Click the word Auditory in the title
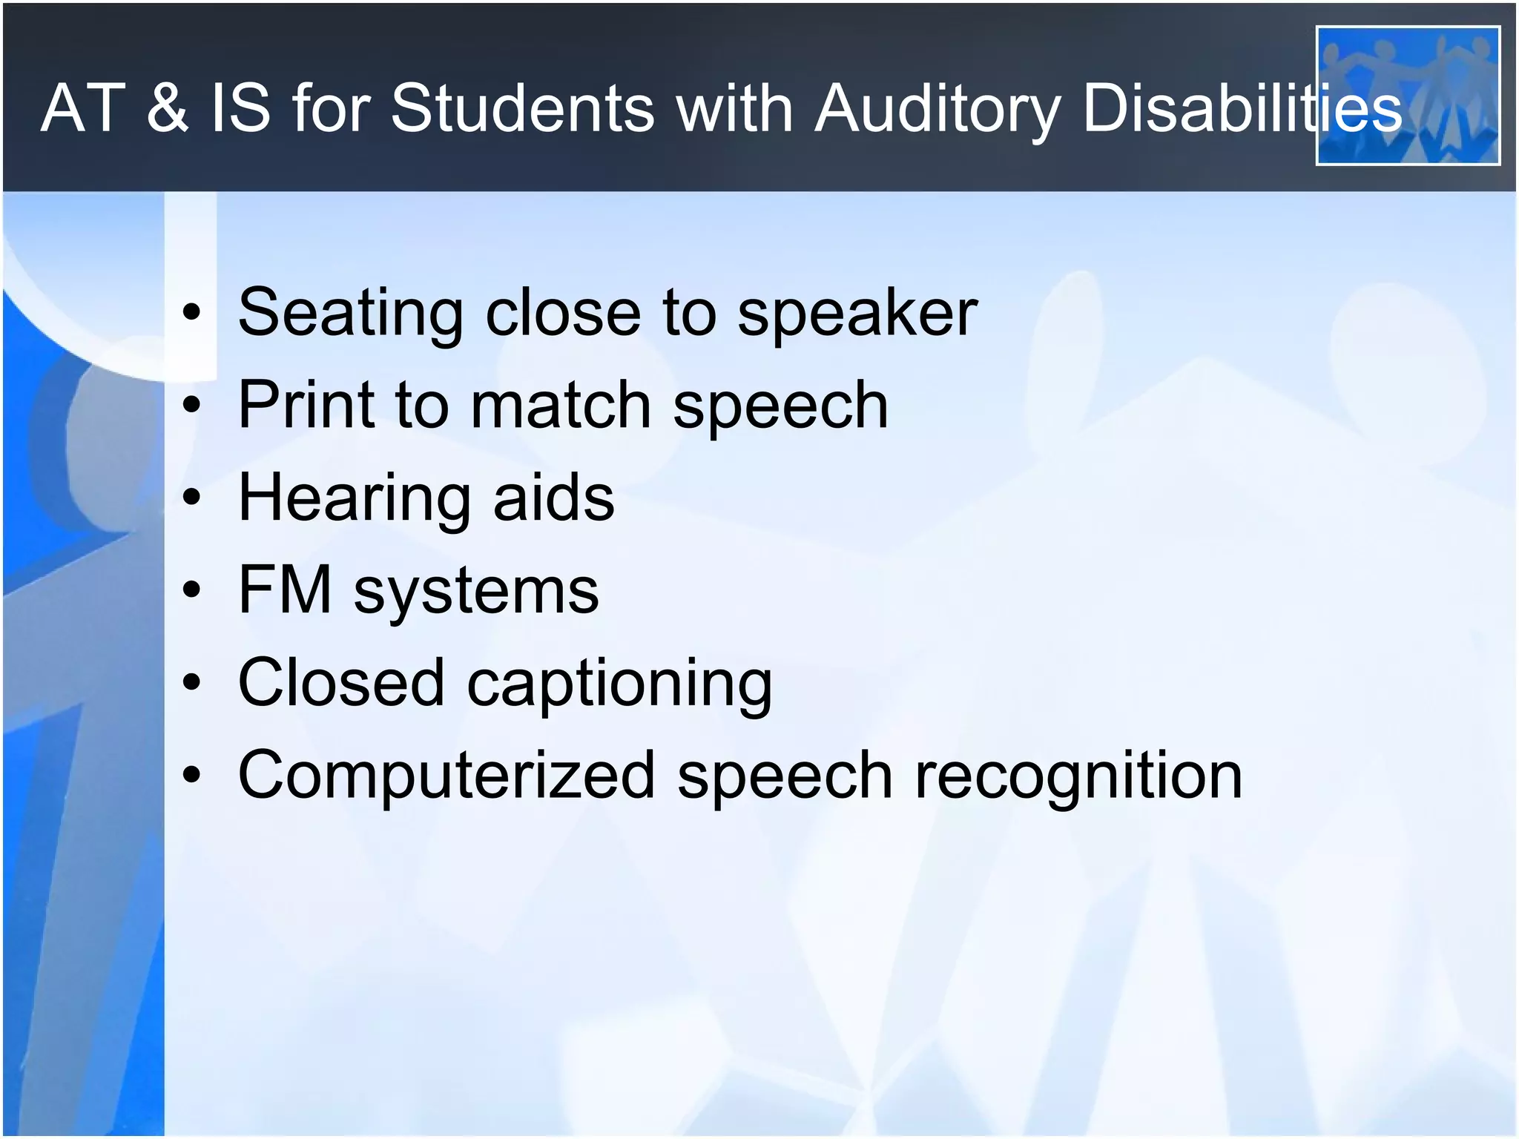coord(938,110)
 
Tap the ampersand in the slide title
coord(168,108)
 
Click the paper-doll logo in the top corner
coord(1407,95)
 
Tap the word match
coord(560,405)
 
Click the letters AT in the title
coord(83,108)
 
